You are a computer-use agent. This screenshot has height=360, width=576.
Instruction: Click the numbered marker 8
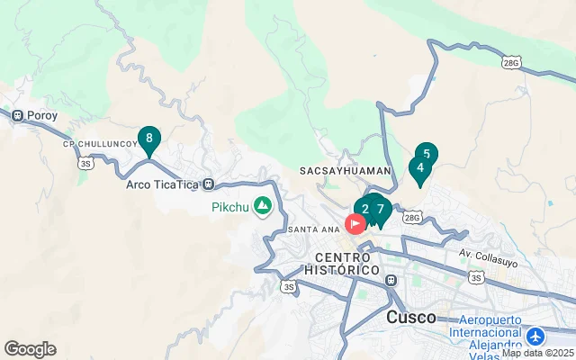coord(149,139)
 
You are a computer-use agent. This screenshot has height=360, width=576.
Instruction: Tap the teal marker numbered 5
coord(426,154)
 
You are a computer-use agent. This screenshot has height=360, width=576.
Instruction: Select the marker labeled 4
coord(419,167)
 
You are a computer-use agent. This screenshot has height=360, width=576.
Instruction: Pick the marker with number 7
coord(381,210)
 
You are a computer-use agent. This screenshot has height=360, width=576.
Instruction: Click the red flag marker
coord(355,222)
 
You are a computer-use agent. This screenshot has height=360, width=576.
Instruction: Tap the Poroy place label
coord(42,115)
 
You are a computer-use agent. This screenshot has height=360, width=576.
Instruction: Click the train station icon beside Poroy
coord(17,115)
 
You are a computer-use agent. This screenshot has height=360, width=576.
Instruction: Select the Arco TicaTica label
coord(161,185)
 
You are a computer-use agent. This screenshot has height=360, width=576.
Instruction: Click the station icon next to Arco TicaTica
coord(209,185)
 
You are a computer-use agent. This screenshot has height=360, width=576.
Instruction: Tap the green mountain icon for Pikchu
coord(263,207)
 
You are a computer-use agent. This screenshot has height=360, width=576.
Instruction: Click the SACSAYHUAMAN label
coord(346,170)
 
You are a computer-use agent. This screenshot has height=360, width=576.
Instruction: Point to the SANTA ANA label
coord(312,229)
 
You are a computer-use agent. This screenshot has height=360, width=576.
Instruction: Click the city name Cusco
coord(411,318)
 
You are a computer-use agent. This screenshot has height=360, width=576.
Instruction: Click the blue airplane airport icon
coord(537,336)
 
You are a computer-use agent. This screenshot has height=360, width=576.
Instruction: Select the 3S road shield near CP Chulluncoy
coord(85,163)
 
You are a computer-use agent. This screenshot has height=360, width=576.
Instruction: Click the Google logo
coord(30,349)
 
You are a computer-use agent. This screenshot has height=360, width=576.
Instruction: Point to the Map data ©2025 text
coord(537,354)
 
